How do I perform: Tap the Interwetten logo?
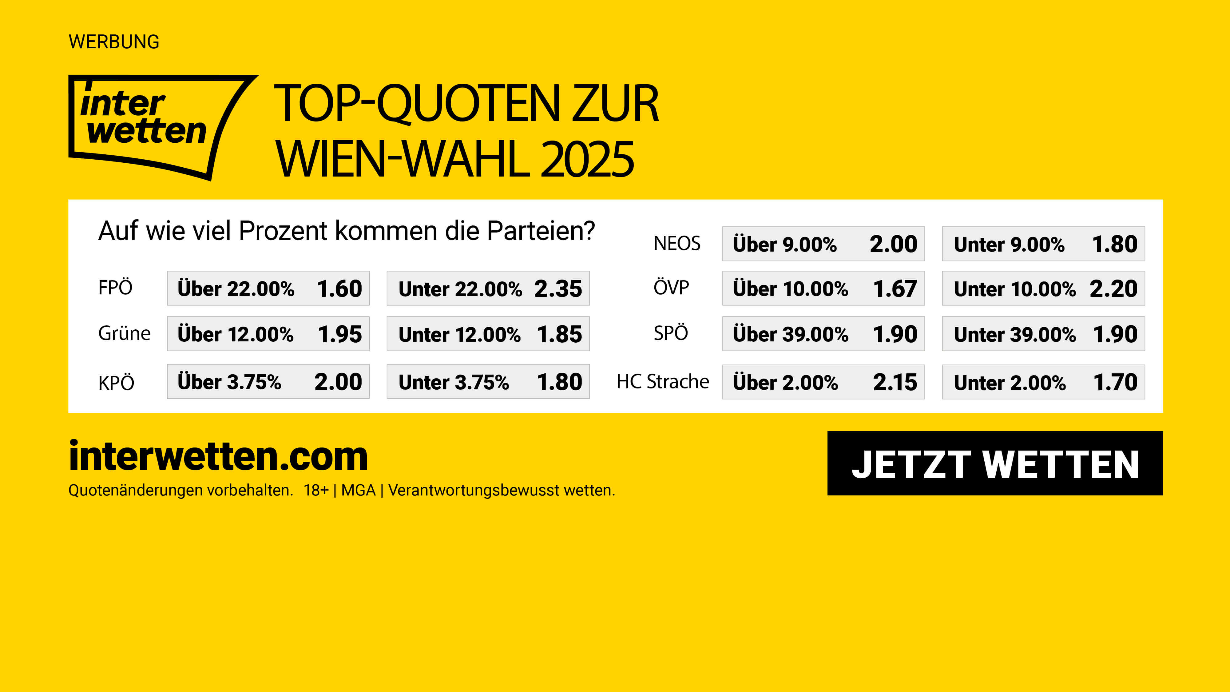[153, 125]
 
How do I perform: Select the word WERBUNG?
[114, 42]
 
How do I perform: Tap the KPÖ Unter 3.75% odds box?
[488, 382]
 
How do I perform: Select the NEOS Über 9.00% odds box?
[823, 244]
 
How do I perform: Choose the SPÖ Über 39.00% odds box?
[823, 334]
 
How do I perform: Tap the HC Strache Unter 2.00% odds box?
[1043, 382]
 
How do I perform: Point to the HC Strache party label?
[663, 382]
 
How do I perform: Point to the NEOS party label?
[676, 244]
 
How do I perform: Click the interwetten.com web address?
[218, 456]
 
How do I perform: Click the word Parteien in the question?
[541, 231]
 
